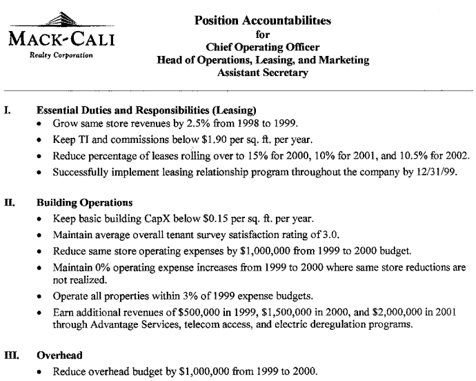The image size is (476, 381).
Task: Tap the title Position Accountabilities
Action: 263,21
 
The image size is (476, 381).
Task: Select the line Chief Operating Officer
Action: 263,47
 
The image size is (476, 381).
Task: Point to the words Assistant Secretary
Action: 263,73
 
